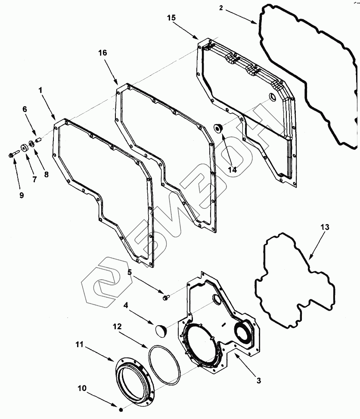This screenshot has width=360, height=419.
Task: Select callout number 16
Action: (103, 53)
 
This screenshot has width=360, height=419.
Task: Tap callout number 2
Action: (220, 8)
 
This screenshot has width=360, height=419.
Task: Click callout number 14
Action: (232, 170)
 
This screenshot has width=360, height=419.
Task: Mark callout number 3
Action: (258, 380)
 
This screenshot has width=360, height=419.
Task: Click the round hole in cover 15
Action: (272, 96)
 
